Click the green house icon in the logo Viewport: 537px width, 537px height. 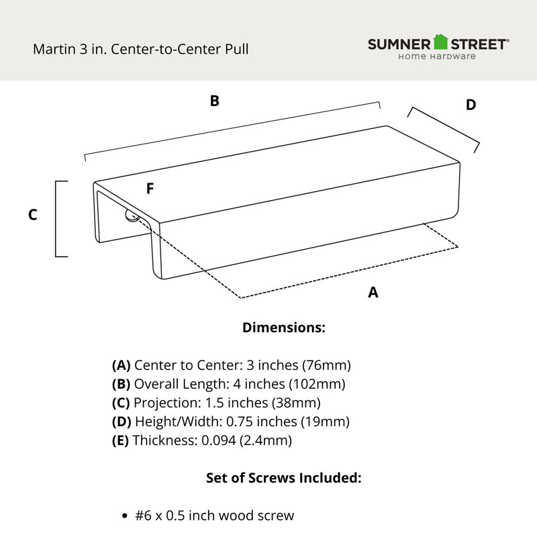pos(440,42)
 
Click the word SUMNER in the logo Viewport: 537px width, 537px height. pos(399,44)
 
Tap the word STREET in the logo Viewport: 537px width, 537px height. pos(478,44)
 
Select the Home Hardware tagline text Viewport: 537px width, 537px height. pos(437,56)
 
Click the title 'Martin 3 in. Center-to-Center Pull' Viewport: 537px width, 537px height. pos(141,49)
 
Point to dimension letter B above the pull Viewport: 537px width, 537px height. pos(215,101)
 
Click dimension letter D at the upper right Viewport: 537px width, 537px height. pos(471,105)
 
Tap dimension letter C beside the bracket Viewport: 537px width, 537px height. pos(32,215)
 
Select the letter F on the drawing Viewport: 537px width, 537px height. pos(150,189)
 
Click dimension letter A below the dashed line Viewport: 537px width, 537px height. pos(373,293)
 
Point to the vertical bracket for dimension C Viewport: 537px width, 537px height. pos(56,219)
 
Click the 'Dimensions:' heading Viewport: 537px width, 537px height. pos(284,328)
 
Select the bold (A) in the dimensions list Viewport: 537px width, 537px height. pos(121,365)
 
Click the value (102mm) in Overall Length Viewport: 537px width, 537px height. pos(317,384)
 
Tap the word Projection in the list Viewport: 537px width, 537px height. pos(166,403)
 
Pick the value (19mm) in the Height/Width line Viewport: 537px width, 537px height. pos(325,422)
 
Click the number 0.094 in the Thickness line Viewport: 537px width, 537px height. pos(219,440)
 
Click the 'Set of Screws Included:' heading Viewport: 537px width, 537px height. pos(283,478)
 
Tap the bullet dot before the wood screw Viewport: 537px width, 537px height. pos(125,516)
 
